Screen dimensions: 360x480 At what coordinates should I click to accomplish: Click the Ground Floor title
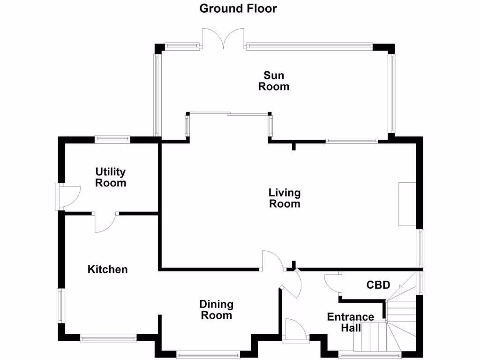tap(238, 8)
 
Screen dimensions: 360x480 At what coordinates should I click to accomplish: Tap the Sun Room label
tap(274, 81)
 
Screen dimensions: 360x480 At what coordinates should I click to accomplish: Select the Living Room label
tap(284, 198)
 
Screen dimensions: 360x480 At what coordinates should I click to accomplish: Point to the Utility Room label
tap(111, 178)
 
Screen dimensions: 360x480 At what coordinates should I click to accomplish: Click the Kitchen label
tap(108, 270)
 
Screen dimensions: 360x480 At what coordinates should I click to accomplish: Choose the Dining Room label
tap(217, 310)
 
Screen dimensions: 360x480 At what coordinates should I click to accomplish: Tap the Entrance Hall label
tap(351, 322)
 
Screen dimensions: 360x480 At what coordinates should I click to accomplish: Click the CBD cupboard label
tap(378, 285)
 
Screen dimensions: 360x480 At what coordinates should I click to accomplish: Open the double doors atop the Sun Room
tap(223, 39)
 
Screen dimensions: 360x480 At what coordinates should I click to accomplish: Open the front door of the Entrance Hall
tap(295, 330)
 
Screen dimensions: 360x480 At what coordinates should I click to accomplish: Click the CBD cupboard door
tap(332, 283)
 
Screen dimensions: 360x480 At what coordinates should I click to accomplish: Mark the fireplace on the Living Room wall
tap(407, 204)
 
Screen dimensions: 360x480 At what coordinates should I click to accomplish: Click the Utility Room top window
tap(112, 139)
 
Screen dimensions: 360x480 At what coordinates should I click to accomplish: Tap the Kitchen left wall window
tap(61, 306)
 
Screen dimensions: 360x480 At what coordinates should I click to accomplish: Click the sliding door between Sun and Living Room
tap(228, 113)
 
